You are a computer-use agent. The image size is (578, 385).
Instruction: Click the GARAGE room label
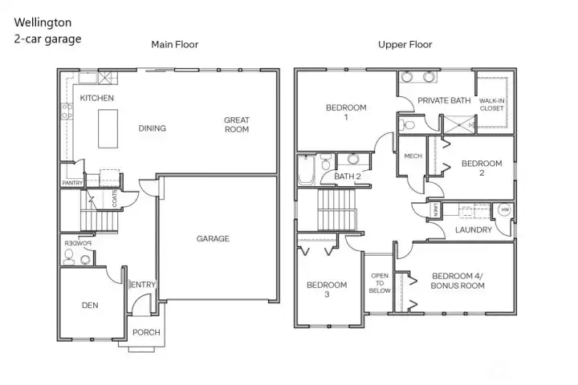click(x=213, y=238)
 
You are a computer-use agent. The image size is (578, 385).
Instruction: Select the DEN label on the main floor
click(x=90, y=305)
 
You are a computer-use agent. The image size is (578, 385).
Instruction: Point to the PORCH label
click(x=146, y=332)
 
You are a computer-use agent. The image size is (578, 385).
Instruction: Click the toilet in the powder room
click(x=69, y=257)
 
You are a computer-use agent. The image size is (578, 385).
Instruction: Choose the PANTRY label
click(x=72, y=183)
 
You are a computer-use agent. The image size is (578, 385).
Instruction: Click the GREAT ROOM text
click(x=237, y=125)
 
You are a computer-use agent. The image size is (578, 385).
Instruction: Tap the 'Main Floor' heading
click(x=174, y=44)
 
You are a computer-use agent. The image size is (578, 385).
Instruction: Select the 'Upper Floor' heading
click(x=405, y=44)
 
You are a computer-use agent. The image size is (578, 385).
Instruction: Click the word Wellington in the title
click(x=42, y=22)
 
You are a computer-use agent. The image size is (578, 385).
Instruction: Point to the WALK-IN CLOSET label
click(x=492, y=104)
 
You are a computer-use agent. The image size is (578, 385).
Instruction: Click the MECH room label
click(x=413, y=156)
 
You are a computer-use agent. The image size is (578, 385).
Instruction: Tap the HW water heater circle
click(x=505, y=210)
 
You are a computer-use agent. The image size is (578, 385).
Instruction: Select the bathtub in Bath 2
click(x=307, y=171)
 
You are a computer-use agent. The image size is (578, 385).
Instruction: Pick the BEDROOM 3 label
click(x=327, y=290)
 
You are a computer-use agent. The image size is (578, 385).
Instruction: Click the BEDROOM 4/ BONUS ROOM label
click(x=458, y=280)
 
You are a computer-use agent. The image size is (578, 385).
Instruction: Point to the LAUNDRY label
click(x=473, y=230)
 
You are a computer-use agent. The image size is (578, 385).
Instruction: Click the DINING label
click(x=152, y=128)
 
